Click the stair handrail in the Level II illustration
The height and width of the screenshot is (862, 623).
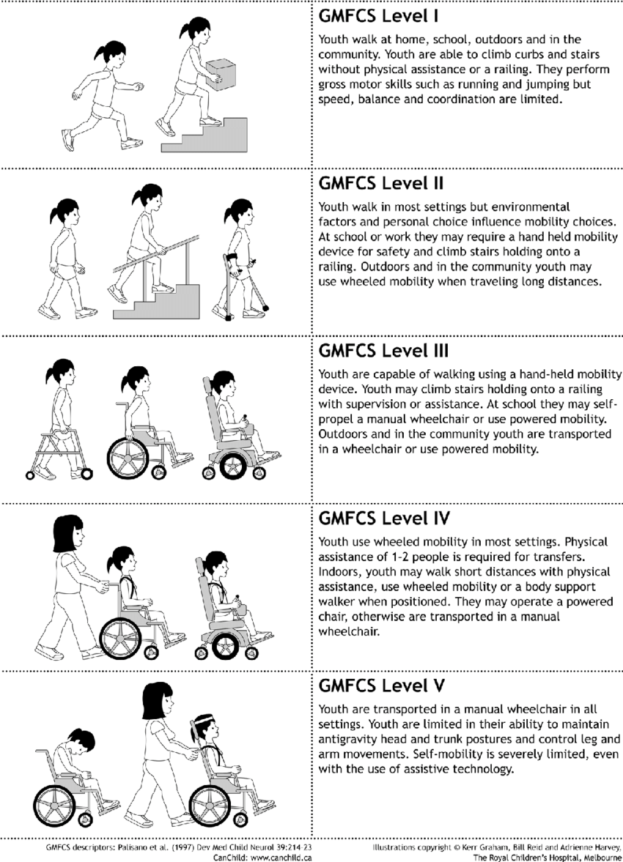point(158,253)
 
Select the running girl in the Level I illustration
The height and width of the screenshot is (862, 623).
point(103,92)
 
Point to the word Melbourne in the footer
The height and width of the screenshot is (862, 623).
point(597,856)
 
